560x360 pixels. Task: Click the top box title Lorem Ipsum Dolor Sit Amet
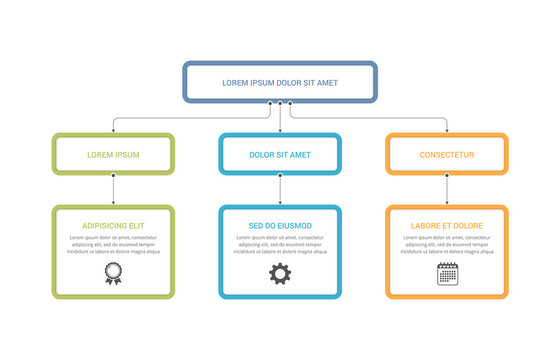click(x=280, y=82)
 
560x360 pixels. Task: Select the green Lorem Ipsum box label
click(x=113, y=155)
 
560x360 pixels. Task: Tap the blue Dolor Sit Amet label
click(x=280, y=155)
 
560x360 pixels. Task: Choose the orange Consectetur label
click(x=447, y=155)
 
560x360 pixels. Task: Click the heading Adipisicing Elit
click(x=113, y=226)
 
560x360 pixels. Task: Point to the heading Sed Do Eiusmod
click(x=280, y=226)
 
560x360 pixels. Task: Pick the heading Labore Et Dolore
click(x=447, y=226)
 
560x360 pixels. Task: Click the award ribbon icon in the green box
click(x=113, y=273)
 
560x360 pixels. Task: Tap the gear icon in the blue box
click(x=280, y=273)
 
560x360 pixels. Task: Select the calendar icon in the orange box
click(x=447, y=273)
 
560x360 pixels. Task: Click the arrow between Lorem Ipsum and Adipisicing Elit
click(x=113, y=190)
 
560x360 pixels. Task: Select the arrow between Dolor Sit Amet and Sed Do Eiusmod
click(x=280, y=190)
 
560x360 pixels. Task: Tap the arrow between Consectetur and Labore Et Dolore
click(x=447, y=190)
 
